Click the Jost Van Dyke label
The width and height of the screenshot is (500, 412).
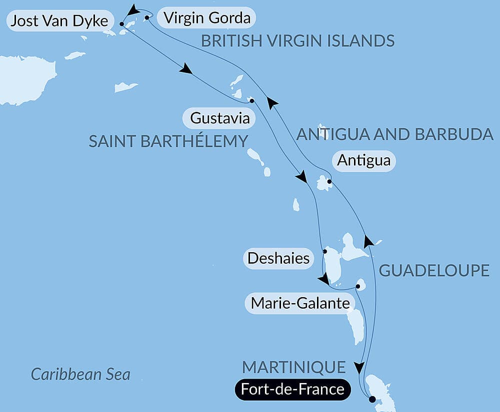[59, 21]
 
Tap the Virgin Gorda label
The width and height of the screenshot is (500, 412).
[206, 18]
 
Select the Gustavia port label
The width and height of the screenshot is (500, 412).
[219, 119]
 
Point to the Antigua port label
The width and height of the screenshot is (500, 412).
[364, 161]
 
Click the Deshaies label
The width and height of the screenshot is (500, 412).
[278, 259]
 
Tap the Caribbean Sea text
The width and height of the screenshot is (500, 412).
[80, 374]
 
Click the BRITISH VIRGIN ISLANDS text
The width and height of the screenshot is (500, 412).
[298, 41]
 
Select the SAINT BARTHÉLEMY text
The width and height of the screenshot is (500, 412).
[168, 141]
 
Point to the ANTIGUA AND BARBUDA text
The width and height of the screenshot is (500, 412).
[395, 134]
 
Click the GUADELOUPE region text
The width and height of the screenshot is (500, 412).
[434, 271]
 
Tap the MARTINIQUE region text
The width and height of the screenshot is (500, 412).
[294, 368]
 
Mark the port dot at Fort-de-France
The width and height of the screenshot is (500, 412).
[371, 399]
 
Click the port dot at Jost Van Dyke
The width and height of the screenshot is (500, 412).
[122, 23]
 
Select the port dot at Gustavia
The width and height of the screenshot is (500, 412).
[251, 101]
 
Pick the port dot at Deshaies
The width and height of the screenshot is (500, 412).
[324, 251]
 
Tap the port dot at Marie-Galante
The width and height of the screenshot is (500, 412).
[358, 287]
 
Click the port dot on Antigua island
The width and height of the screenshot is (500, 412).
[328, 182]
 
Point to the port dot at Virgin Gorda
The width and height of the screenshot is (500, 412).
[147, 17]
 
